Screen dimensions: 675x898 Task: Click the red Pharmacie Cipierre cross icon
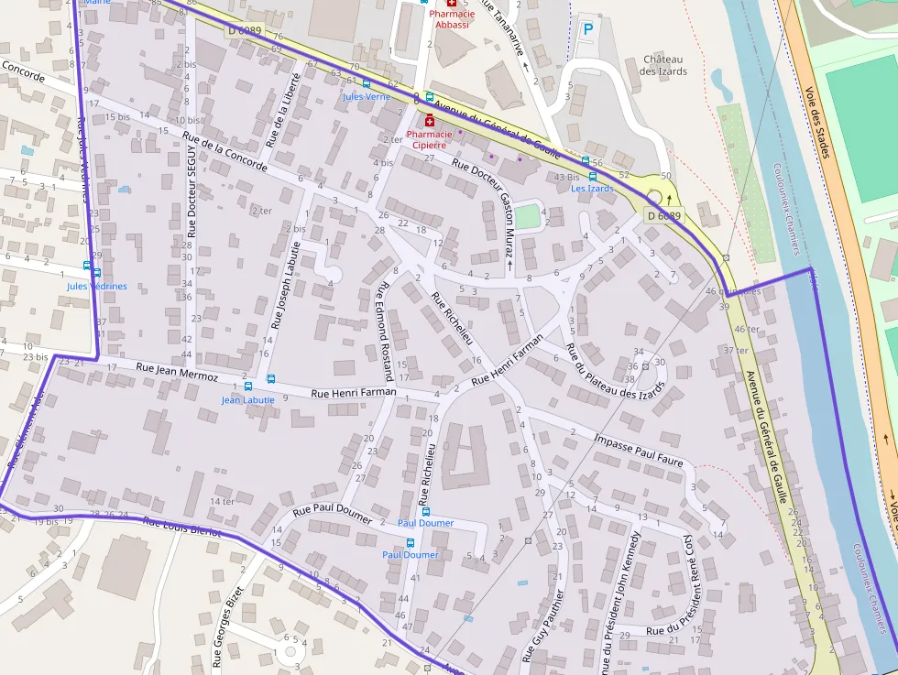[x=429, y=120]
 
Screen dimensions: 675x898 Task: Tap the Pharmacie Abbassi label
[x=452, y=19]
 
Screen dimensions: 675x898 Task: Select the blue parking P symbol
[x=588, y=29]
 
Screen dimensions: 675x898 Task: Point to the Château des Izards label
[x=664, y=65]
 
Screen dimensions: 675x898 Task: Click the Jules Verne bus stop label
[x=367, y=96]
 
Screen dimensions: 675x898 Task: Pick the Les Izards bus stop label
[x=592, y=189]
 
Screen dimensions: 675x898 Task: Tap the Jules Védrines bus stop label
[x=97, y=286]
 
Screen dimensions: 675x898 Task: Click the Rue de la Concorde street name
[x=224, y=152]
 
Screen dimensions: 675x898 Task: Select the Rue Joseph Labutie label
[x=284, y=285]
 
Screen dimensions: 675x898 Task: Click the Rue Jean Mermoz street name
[x=177, y=371]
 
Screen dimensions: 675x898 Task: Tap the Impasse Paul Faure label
[x=639, y=450]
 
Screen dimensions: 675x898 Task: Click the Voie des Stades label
[x=818, y=122]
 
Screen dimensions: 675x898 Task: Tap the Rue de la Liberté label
[x=282, y=110]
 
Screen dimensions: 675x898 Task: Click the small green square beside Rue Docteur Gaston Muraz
[x=527, y=218]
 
